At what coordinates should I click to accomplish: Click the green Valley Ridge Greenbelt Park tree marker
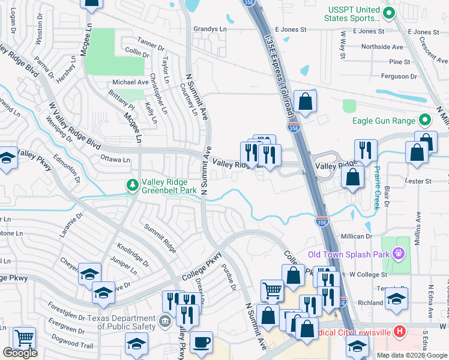[133, 186]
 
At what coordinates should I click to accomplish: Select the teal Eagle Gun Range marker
[426, 121]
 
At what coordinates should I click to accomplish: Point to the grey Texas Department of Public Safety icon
[164, 322]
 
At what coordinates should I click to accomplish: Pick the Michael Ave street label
[130, 82]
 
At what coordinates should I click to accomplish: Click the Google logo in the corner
[20, 353]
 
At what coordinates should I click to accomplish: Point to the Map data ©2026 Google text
[411, 355]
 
